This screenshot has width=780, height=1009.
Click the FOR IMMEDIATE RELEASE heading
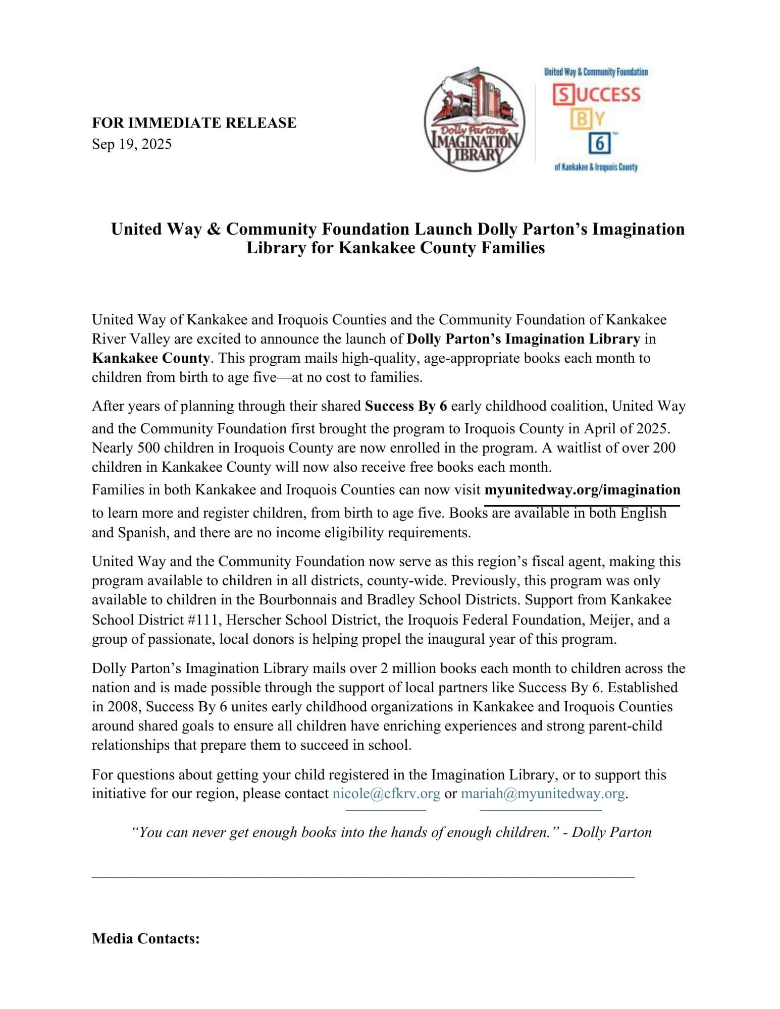(x=194, y=123)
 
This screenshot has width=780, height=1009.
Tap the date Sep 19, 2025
(x=131, y=144)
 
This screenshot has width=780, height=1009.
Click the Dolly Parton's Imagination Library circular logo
(x=474, y=120)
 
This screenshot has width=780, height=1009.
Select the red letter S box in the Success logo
(x=562, y=95)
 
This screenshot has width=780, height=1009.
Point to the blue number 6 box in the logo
(x=599, y=143)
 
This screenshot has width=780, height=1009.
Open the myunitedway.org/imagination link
(x=582, y=490)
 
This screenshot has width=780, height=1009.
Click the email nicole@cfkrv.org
(x=386, y=794)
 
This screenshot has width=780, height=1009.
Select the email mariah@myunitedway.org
(x=543, y=794)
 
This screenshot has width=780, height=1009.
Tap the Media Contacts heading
(x=146, y=939)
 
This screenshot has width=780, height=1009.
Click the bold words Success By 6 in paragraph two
(x=406, y=406)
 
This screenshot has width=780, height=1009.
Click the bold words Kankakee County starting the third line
(x=150, y=358)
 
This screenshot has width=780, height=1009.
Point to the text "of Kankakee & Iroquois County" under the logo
(x=596, y=167)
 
